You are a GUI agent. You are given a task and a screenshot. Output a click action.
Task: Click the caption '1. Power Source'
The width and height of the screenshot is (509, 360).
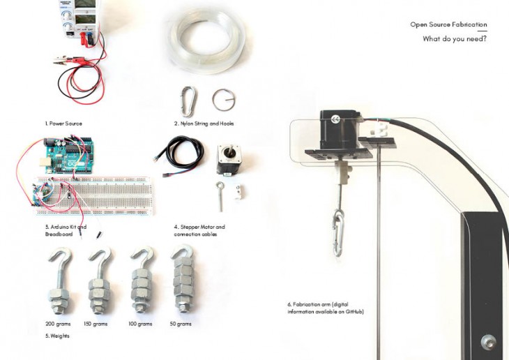click(63, 123)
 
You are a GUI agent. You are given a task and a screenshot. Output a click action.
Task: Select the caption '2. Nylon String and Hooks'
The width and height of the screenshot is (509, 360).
click(204, 123)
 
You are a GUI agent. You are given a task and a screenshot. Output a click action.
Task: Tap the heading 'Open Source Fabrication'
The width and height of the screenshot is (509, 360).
click(448, 24)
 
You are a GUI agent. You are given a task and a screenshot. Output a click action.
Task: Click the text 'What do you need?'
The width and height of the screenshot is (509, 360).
click(455, 38)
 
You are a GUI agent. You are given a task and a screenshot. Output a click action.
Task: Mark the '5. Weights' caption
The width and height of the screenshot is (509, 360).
click(57, 336)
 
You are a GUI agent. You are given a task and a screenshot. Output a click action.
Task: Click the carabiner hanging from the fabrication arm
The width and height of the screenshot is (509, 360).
click(337, 234)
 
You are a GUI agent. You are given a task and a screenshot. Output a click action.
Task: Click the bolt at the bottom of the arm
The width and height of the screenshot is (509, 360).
click(487, 341)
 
